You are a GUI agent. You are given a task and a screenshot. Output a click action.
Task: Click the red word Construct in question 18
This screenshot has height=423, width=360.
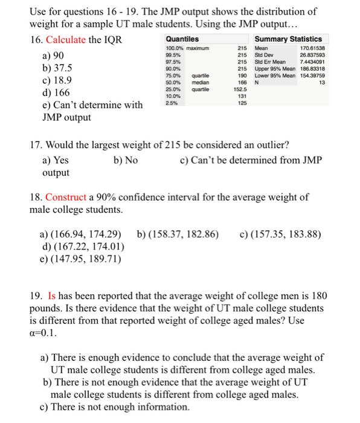click(x=66, y=198)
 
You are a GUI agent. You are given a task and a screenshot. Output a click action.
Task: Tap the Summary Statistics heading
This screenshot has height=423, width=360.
click(x=289, y=39)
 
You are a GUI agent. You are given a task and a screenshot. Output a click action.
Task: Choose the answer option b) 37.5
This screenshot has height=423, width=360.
click(x=51, y=68)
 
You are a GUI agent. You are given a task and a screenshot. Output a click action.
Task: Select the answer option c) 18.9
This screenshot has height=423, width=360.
click(x=50, y=80)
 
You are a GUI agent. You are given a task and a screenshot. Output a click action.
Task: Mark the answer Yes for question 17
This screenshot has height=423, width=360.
click(x=55, y=160)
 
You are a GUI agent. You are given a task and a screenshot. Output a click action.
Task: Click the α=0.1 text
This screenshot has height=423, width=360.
click(x=47, y=334)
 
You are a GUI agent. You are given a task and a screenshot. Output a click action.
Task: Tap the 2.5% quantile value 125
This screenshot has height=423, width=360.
click(x=242, y=102)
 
